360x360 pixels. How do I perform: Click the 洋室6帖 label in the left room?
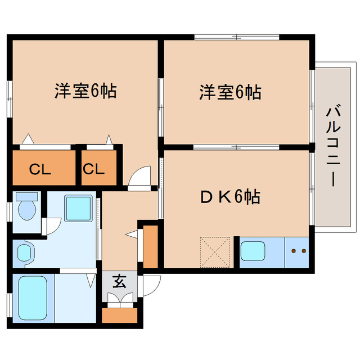(x=85, y=91)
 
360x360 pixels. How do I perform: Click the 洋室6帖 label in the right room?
(x=229, y=92)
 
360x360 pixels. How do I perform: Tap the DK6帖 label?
(x=230, y=197)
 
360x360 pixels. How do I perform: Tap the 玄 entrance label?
(x=119, y=281)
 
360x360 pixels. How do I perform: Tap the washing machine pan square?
(x=78, y=208)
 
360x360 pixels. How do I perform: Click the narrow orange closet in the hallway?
(x=151, y=246)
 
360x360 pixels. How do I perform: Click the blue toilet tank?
(x=26, y=197)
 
